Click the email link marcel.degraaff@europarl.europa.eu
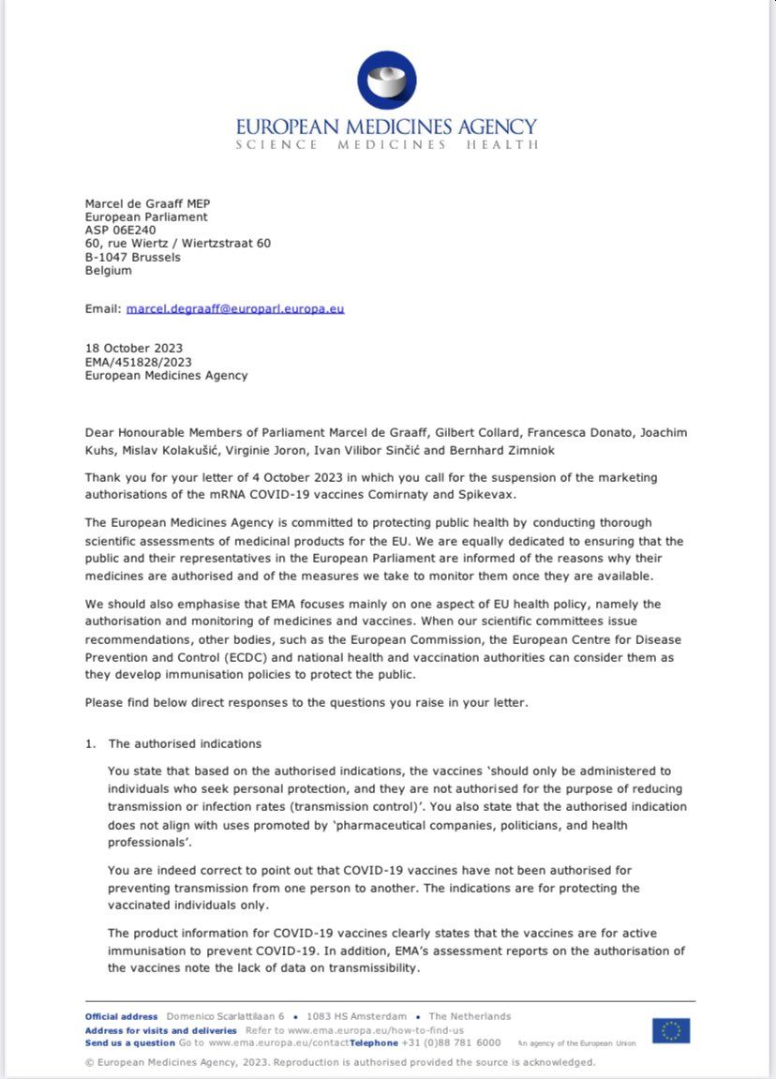(x=235, y=308)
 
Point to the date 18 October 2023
(x=134, y=349)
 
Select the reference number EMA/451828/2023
(x=139, y=362)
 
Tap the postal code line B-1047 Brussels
(x=133, y=257)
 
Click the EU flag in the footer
(x=671, y=1030)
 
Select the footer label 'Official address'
(x=122, y=1016)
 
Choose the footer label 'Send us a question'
(x=130, y=1042)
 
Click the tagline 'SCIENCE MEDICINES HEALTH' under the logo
(x=387, y=145)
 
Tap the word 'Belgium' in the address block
(x=109, y=271)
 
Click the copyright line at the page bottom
(x=339, y=1062)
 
